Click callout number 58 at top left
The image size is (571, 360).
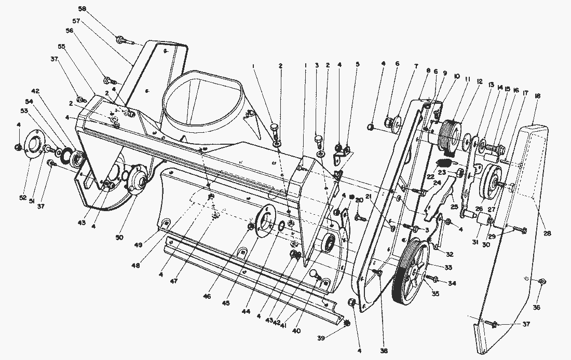[98, 9]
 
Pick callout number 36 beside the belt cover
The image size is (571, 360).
[537, 307]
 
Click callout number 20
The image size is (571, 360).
[359, 201]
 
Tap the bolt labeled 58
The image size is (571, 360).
[121, 38]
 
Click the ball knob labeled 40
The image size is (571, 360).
[314, 273]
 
